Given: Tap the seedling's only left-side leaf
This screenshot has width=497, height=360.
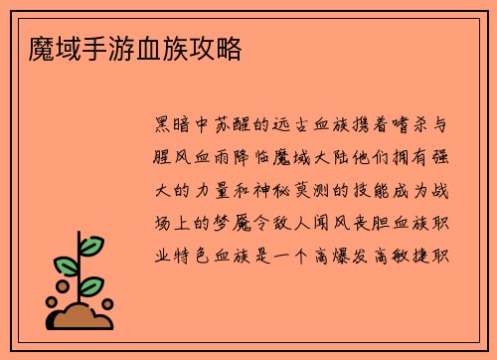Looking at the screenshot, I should click(65, 268).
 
